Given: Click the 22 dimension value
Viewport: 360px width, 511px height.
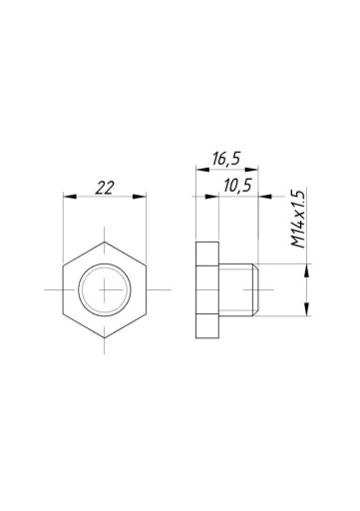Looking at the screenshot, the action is [105, 188].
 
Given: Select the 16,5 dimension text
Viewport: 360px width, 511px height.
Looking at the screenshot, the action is [226, 159].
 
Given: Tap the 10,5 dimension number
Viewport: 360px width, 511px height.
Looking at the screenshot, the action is [237, 186].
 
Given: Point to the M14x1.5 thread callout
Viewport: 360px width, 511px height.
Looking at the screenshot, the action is [298, 219].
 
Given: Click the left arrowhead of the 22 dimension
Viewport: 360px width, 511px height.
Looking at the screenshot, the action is [70, 197].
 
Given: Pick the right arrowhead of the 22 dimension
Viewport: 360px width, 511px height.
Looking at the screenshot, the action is [140, 197].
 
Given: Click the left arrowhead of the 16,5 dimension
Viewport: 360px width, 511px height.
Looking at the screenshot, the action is [202, 170].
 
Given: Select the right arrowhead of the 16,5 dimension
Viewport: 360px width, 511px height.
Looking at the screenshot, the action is [251, 170].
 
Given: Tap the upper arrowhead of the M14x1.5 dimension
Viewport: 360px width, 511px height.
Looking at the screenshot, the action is [307, 270].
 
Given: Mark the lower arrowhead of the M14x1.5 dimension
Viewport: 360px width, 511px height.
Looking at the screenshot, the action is [307, 309].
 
